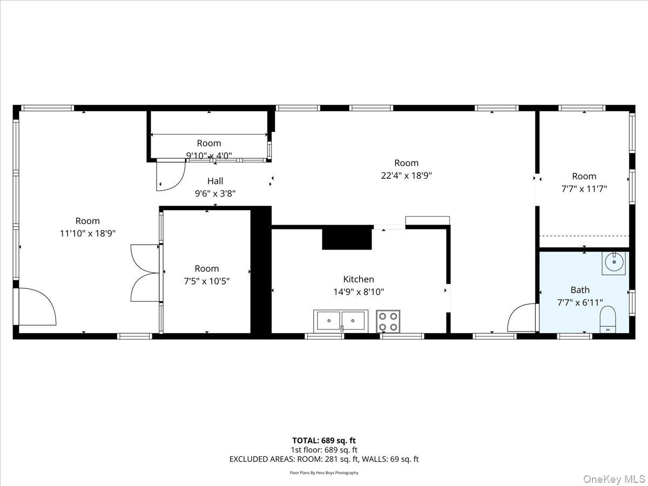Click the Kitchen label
359,279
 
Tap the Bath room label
580,290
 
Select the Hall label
215,181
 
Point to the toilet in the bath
608,319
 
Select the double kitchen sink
340,320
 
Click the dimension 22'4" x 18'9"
406,175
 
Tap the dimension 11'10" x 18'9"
87,233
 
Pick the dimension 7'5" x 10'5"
207,281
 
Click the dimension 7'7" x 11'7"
584,188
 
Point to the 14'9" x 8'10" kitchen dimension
359,292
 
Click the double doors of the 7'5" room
145,273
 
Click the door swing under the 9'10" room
168,176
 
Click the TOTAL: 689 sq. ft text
324,441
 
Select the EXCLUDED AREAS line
324,460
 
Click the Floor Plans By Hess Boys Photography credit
324,473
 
